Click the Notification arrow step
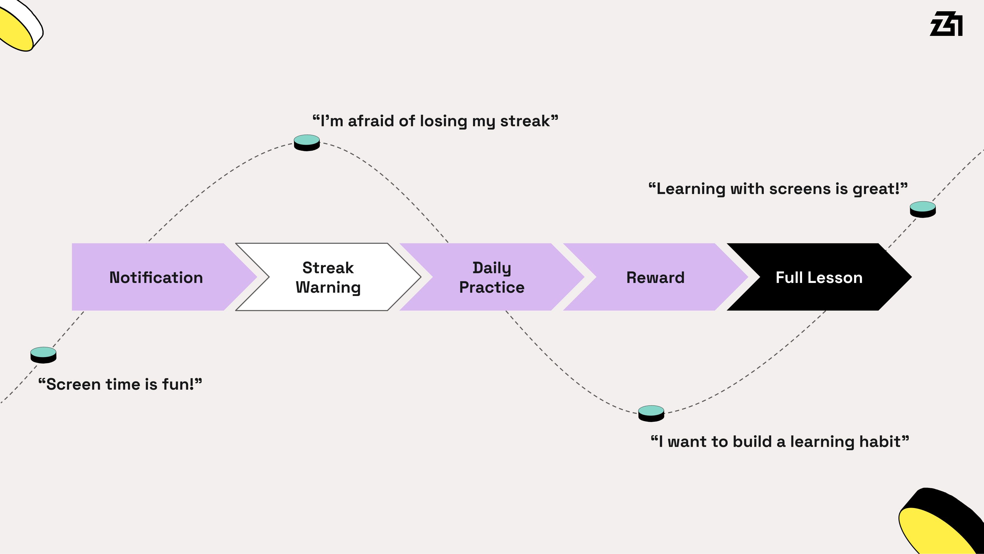[x=156, y=277]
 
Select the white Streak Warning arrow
[x=328, y=277]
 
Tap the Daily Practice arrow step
[x=492, y=277]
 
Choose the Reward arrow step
[x=656, y=277]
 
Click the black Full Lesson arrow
[x=819, y=277]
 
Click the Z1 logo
[x=946, y=24]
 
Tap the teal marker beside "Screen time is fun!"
[x=44, y=355]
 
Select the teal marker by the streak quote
[x=307, y=143]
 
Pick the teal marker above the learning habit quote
[x=651, y=413]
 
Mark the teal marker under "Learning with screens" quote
[x=923, y=209]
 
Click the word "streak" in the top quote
[x=525, y=121]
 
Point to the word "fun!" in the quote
[x=179, y=384]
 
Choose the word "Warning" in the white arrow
[x=328, y=287]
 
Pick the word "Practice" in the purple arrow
[x=492, y=287]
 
